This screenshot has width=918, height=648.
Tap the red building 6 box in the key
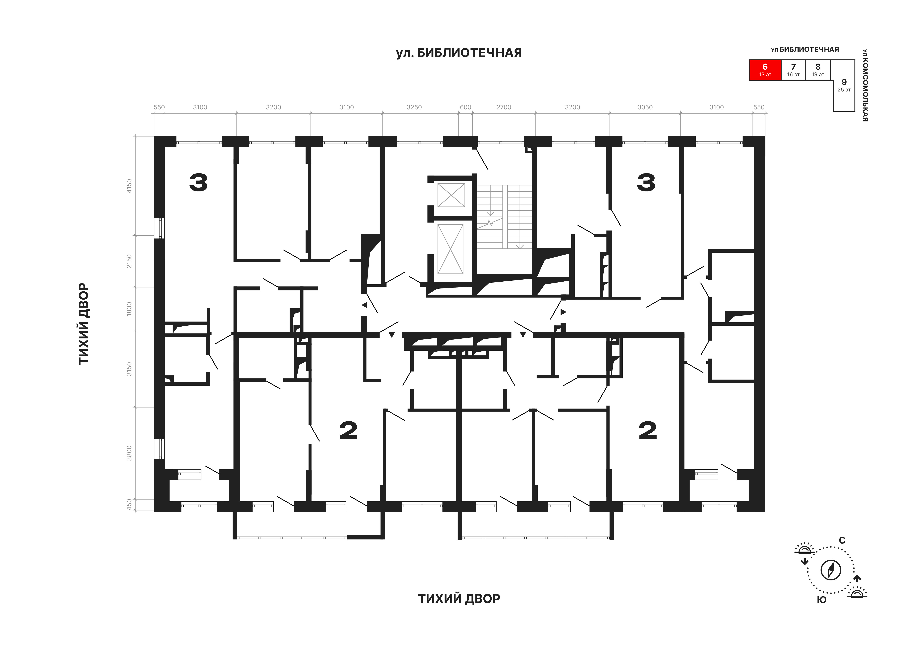click(x=765, y=70)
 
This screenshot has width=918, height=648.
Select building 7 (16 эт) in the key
click(x=793, y=70)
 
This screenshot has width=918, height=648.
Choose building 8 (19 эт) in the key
click(x=818, y=70)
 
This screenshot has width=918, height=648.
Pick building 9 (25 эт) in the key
click(x=844, y=86)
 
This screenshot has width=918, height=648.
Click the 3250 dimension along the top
click(x=414, y=107)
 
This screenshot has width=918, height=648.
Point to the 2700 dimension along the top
click(x=504, y=107)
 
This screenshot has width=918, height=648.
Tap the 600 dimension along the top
click(x=465, y=107)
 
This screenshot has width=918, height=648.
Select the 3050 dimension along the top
click(x=645, y=107)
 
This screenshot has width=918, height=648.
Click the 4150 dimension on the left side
click(x=129, y=186)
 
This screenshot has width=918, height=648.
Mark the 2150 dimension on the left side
click(x=129, y=261)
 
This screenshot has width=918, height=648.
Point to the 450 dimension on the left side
click(x=129, y=504)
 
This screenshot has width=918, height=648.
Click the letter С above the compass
click(x=842, y=540)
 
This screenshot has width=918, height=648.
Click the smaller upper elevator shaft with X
click(x=451, y=195)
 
